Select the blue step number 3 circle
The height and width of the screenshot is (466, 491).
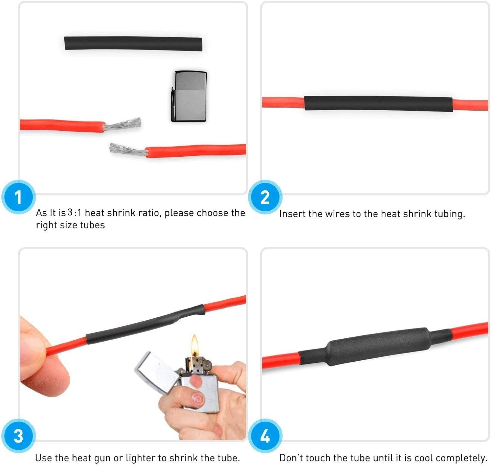(18, 436)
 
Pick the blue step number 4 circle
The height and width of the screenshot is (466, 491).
(265, 436)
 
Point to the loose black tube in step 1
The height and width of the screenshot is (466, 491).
(133, 44)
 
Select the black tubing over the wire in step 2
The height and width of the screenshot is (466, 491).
(378, 104)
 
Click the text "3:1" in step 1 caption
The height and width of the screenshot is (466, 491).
(74, 213)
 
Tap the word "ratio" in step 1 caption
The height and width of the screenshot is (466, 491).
(149, 213)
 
